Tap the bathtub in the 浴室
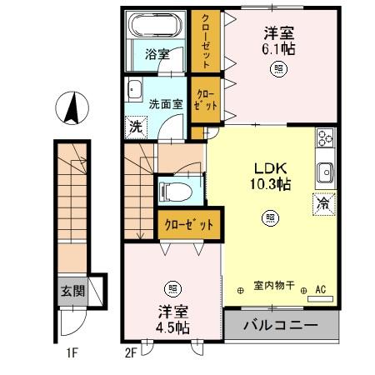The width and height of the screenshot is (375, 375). click(x=154, y=27)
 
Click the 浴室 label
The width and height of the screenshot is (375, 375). click(x=157, y=54)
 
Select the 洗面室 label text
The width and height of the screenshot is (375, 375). click(x=165, y=105)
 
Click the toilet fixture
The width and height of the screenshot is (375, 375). click(x=175, y=191)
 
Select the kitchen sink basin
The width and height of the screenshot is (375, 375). click(x=323, y=172)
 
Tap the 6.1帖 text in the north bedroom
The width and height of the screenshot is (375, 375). click(x=280, y=49)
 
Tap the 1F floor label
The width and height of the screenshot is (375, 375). click(x=72, y=352)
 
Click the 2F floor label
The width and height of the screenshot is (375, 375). click(x=130, y=352)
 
